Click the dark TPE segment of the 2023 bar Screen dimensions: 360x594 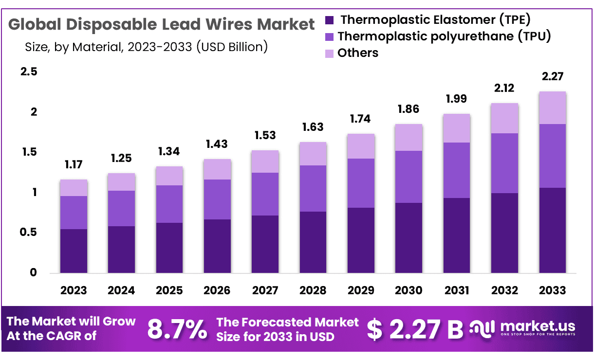[74, 251]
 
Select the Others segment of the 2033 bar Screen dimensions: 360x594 [552, 108]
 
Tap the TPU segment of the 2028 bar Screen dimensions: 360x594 [313, 188]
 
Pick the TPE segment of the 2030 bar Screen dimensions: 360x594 [408, 237]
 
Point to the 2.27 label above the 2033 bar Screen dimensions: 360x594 [552, 77]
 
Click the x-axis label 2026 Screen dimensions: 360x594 [217, 290]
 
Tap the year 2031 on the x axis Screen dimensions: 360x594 [456, 290]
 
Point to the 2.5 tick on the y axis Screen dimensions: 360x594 [28, 72]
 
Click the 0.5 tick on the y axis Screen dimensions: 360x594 [28, 233]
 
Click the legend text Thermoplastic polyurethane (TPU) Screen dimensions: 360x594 [444, 36]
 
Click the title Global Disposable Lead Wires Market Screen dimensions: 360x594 [162, 24]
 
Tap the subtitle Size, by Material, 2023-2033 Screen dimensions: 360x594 [146, 47]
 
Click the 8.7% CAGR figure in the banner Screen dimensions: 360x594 [177, 329]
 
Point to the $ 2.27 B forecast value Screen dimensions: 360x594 [415, 329]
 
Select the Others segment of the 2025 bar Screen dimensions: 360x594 [169, 176]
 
